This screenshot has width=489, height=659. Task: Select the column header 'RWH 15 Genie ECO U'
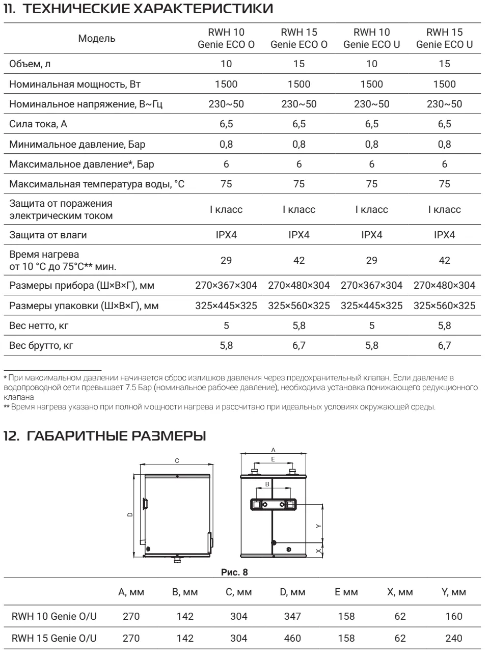444,38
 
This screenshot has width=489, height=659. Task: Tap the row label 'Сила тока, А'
38,124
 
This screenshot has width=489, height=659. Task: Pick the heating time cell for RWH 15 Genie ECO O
299,260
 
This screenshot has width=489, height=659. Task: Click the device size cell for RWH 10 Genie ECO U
371,285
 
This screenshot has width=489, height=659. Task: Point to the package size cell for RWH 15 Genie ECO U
444,306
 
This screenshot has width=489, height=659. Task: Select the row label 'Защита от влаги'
48,235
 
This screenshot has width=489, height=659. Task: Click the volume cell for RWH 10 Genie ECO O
226,64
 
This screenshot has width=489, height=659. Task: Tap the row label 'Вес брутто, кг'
41,346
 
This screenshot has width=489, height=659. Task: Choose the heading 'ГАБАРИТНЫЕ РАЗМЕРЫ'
116,436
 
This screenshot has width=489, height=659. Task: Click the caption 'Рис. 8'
234,572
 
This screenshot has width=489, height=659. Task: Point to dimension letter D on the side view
130,515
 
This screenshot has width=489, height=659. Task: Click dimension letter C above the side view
177,460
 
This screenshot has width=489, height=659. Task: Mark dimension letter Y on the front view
318,526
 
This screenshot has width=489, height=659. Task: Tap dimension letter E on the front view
273,459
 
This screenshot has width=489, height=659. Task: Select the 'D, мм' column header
292,592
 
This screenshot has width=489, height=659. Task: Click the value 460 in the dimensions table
292,638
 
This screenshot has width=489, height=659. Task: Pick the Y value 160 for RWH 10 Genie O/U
453,616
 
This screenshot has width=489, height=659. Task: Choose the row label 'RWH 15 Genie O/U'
54,638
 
